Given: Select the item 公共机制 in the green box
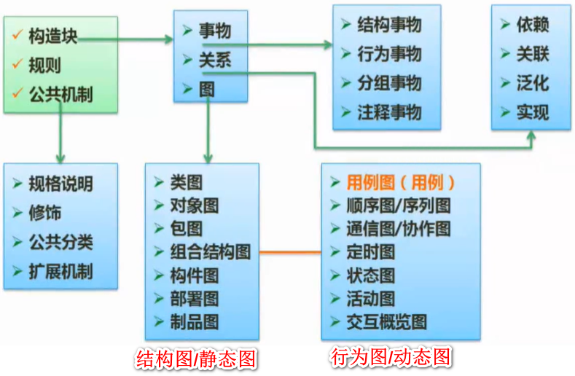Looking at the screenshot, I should tap(61, 95).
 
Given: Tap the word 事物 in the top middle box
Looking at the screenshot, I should tap(215, 31).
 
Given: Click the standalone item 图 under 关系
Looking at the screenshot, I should tap(207, 89).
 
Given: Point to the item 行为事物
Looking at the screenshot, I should tap(389, 54).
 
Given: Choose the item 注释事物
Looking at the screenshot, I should tap(389, 112).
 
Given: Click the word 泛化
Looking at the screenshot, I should tap(532, 83).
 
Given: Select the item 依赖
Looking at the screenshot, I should tap(532, 25).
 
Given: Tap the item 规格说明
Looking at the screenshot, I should tap(60, 184).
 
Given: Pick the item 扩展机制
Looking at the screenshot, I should tap(60, 272).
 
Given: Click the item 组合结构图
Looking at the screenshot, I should tap(210, 252).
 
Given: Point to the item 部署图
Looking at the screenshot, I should tap(194, 299).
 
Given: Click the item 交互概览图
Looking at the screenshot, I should tap(387, 322).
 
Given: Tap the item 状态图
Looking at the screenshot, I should tap(371, 275).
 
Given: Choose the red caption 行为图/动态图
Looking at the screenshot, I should tap(391, 358).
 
